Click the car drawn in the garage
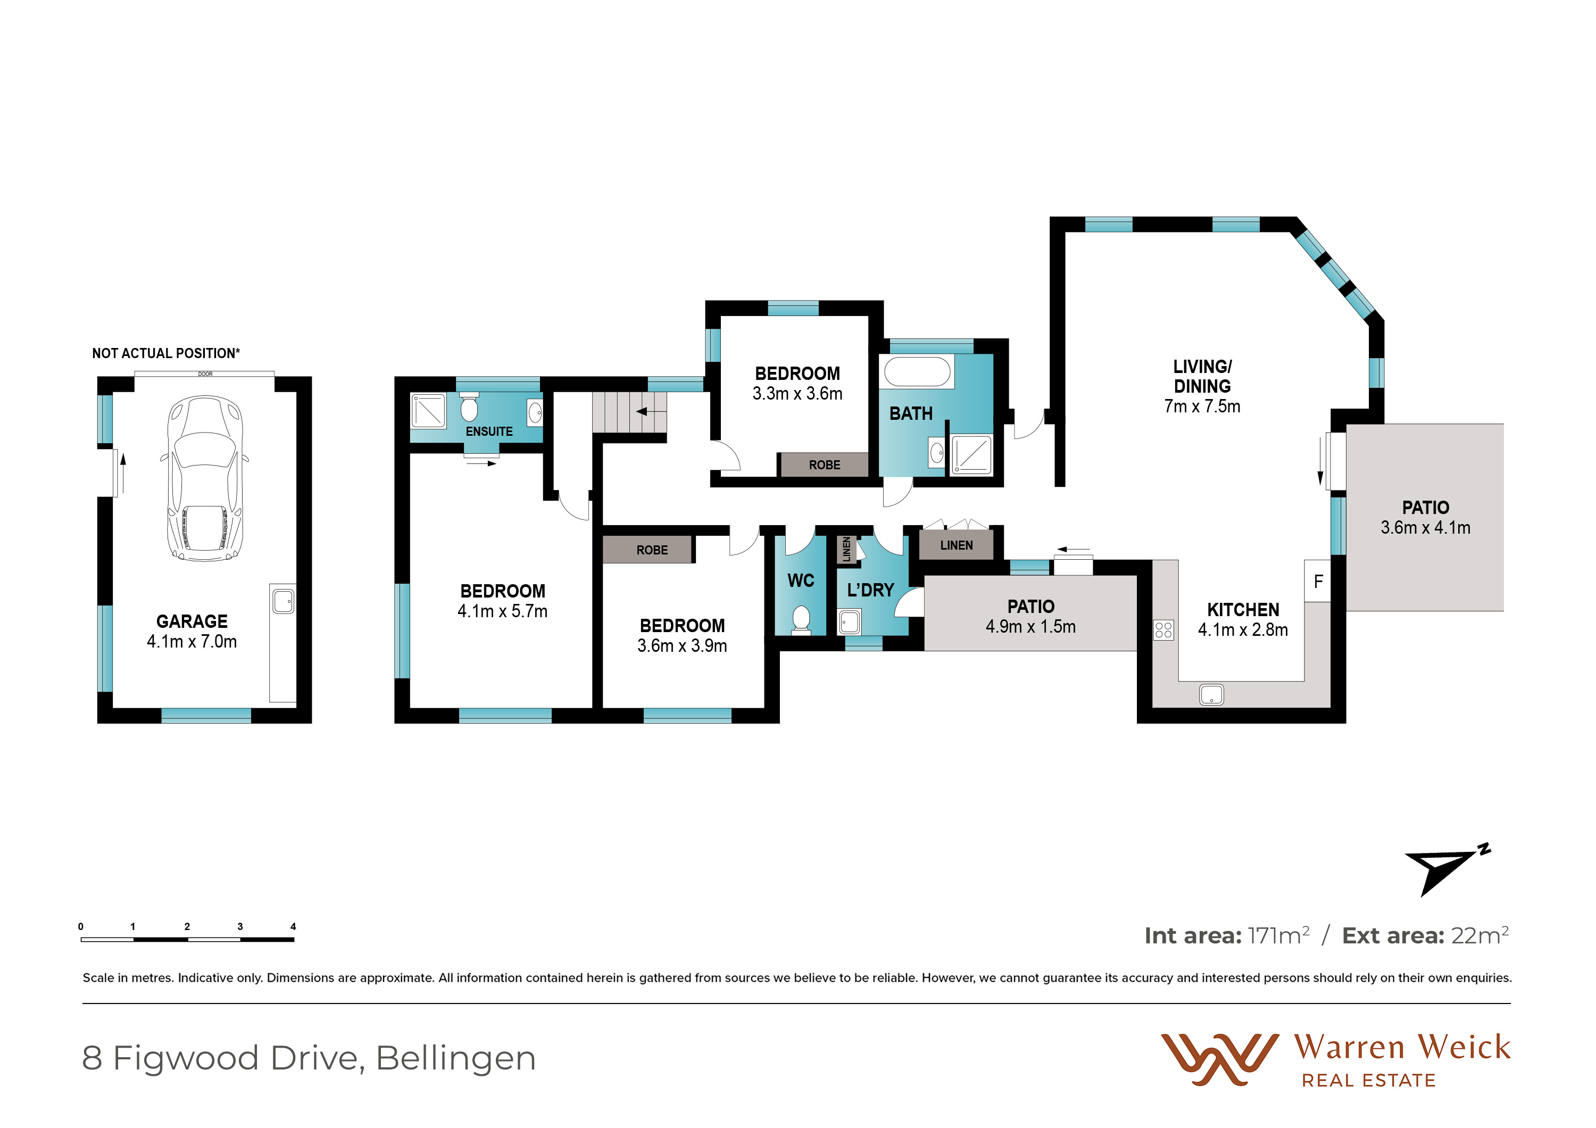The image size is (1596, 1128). [204, 478]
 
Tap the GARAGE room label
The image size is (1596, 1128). [192, 621]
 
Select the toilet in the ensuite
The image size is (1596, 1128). [469, 407]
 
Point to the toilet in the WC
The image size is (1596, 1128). [801, 620]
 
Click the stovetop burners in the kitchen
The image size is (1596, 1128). [1163, 629]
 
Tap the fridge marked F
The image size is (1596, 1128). [1318, 581]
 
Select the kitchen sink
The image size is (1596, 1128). [1211, 694]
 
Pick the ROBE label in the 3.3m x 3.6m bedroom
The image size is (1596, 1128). [825, 465]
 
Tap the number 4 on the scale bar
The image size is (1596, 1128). [293, 926]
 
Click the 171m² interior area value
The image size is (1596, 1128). [1278, 935]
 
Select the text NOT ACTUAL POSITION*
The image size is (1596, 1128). [166, 353]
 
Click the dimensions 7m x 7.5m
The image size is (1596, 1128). [1202, 407]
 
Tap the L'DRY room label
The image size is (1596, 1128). [870, 590]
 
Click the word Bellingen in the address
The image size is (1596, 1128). [456, 1058]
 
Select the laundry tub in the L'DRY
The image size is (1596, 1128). [850, 621]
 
